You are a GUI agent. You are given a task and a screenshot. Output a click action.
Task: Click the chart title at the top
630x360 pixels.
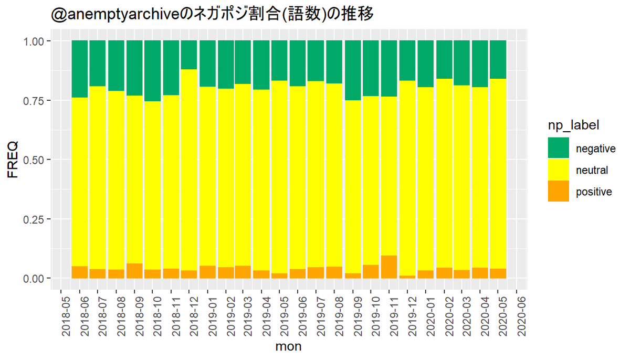pyautogui.click(x=212, y=14)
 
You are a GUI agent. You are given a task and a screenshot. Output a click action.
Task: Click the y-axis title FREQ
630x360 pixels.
pyautogui.click(x=13, y=160)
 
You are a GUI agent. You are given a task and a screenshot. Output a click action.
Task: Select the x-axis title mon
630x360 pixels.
pyautogui.click(x=288, y=346)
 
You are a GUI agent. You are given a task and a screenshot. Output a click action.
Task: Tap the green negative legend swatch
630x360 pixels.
pyautogui.click(x=558, y=148)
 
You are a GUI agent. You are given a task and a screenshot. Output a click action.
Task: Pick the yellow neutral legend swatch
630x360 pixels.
pyautogui.click(x=558, y=170)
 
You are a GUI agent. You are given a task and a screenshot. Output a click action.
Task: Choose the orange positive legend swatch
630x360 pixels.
pyautogui.click(x=558, y=191)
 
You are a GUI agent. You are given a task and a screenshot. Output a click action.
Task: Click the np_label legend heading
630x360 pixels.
pyautogui.click(x=573, y=125)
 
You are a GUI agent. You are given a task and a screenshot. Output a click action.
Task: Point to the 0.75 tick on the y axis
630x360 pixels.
pyautogui.click(x=34, y=101)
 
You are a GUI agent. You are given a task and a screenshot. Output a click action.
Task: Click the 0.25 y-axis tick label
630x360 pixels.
pyautogui.click(x=34, y=219)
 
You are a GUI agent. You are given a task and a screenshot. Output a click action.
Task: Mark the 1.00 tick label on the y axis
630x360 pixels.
pyautogui.click(x=34, y=41)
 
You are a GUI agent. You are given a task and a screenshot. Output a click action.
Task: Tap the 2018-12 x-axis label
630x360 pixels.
pyautogui.click(x=194, y=317)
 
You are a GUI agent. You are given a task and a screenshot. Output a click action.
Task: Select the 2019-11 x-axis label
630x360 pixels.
pyautogui.click(x=394, y=317)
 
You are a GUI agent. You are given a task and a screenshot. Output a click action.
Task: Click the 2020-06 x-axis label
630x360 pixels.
pyautogui.click(x=521, y=317)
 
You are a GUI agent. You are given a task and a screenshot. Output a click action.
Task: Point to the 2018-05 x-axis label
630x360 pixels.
pyautogui.click(x=66, y=317)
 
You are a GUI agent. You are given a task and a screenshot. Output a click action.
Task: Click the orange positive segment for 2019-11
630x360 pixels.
pyautogui.click(x=389, y=267)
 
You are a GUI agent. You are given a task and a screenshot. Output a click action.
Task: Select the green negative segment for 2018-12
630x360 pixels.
pyautogui.click(x=188, y=55)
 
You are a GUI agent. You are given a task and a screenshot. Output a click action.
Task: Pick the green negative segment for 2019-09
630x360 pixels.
pyautogui.click(x=353, y=70)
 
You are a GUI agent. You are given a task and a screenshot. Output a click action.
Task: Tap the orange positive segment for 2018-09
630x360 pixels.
pyautogui.click(x=134, y=271)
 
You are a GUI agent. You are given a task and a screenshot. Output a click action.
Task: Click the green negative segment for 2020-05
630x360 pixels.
pyautogui.click(x=498, y=60)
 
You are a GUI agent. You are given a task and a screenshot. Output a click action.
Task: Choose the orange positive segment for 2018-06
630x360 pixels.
pyautogui.click(x=80, y=272)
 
